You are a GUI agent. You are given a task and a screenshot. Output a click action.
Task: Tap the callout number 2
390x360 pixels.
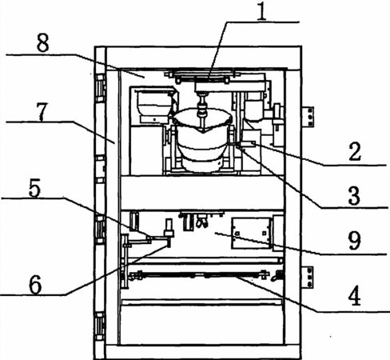tap(355, 152)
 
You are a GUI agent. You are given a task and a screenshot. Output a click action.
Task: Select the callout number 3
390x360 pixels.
tap(354, 196)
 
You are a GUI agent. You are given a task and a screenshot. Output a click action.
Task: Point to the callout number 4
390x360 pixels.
tap(355, 296)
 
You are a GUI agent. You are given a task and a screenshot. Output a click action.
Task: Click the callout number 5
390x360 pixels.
tap(34, 188)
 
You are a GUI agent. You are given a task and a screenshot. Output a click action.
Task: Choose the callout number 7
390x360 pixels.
tap(42, 112)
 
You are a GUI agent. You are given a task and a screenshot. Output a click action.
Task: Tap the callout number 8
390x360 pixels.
tap(42, 43)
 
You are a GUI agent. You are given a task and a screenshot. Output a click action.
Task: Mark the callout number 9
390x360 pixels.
tap(355, 241)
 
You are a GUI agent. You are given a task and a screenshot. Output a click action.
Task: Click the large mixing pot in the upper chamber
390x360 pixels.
tap(202, 140)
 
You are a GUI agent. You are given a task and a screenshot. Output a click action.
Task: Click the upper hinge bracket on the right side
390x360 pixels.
tap(308, 117)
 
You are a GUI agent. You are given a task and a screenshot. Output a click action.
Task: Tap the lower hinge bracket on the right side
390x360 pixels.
tap(308, 277)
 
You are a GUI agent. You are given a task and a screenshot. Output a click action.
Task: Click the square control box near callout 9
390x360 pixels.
tap(251, 233)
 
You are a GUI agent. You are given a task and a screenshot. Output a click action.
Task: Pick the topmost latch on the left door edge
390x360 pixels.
tap(100, 88)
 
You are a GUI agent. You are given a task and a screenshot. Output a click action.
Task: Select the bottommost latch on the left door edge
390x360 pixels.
tap(100, 326)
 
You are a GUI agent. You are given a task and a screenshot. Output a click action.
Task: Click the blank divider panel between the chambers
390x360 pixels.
tap(202, 193)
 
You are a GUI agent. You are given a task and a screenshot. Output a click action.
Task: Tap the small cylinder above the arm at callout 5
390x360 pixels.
tap(169, 227)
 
